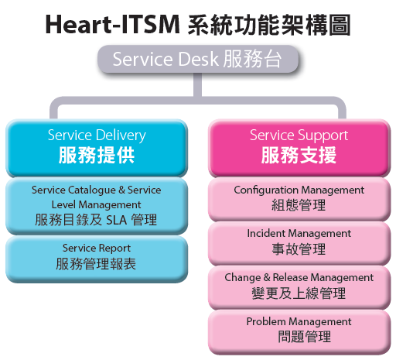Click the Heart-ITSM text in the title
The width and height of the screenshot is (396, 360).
coord(112,25)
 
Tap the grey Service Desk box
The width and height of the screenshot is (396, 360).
coord(198,59)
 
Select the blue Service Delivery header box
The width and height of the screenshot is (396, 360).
coord(97,148)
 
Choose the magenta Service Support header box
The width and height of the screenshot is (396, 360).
coord(299,148)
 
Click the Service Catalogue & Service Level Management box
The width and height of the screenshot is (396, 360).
coord(97,206)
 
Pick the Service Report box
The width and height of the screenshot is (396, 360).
coord(97,259)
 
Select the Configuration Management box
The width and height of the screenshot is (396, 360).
coord(299,199)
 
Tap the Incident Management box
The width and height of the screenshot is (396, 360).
coord(299,243)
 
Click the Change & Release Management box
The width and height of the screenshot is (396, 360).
coord(299,287)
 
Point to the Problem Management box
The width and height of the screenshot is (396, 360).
coord(299,332)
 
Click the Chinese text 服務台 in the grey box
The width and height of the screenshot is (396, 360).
coord(252,59)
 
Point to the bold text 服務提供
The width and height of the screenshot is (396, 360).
coord(97,155)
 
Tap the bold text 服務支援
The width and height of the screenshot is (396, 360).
coord(299,155)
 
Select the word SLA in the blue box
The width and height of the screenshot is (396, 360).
coord(117,221)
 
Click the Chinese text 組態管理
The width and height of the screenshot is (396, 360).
coord(299,205)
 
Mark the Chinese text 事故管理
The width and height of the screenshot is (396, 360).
coord(299,249)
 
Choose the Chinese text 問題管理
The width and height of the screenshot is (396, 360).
coord(304,337)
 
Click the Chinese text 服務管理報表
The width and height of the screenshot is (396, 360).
coord(96,264)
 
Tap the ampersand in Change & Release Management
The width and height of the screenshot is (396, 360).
coord(267,277)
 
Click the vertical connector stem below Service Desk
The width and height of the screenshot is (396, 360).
coord(197,84)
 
